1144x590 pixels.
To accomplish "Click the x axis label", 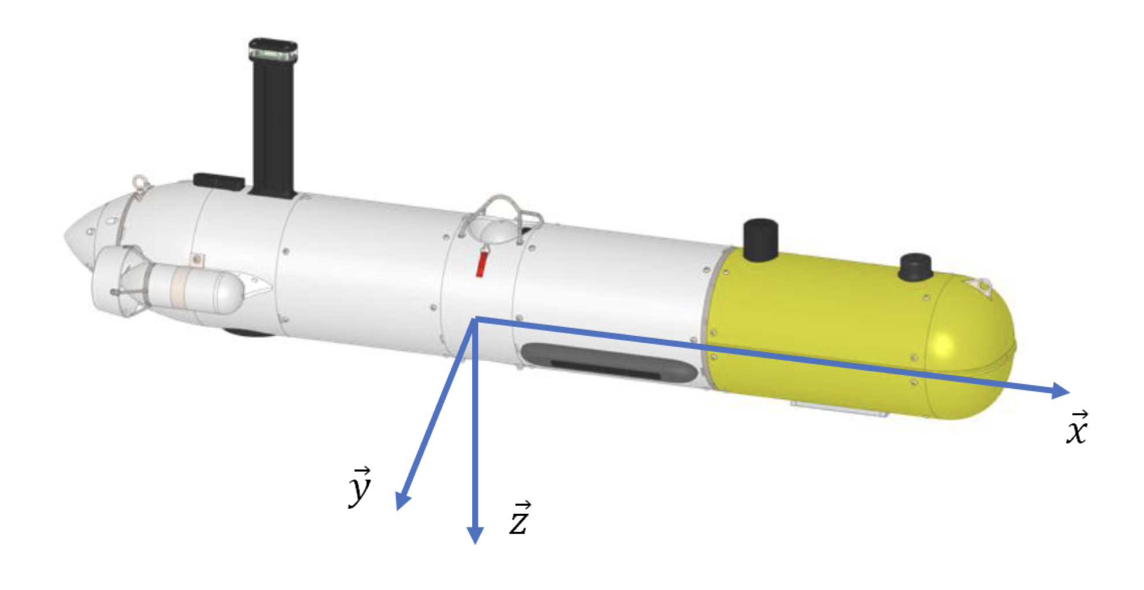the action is pos(1076,428).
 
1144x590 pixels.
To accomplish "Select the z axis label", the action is pos(519,518).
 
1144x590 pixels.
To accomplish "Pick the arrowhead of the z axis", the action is pos(474,535).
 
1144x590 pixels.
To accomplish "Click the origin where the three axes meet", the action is pos(474,319).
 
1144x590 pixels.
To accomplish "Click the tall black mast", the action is pos(272,118).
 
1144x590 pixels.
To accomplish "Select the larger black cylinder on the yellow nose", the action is pos(761,240).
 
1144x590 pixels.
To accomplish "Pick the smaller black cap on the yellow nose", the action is pos(915,267).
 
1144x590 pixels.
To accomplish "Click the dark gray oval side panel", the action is pos(609,363).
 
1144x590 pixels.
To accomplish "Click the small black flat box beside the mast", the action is pos(219,181).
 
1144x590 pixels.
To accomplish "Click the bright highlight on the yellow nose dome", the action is pos(943,346).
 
